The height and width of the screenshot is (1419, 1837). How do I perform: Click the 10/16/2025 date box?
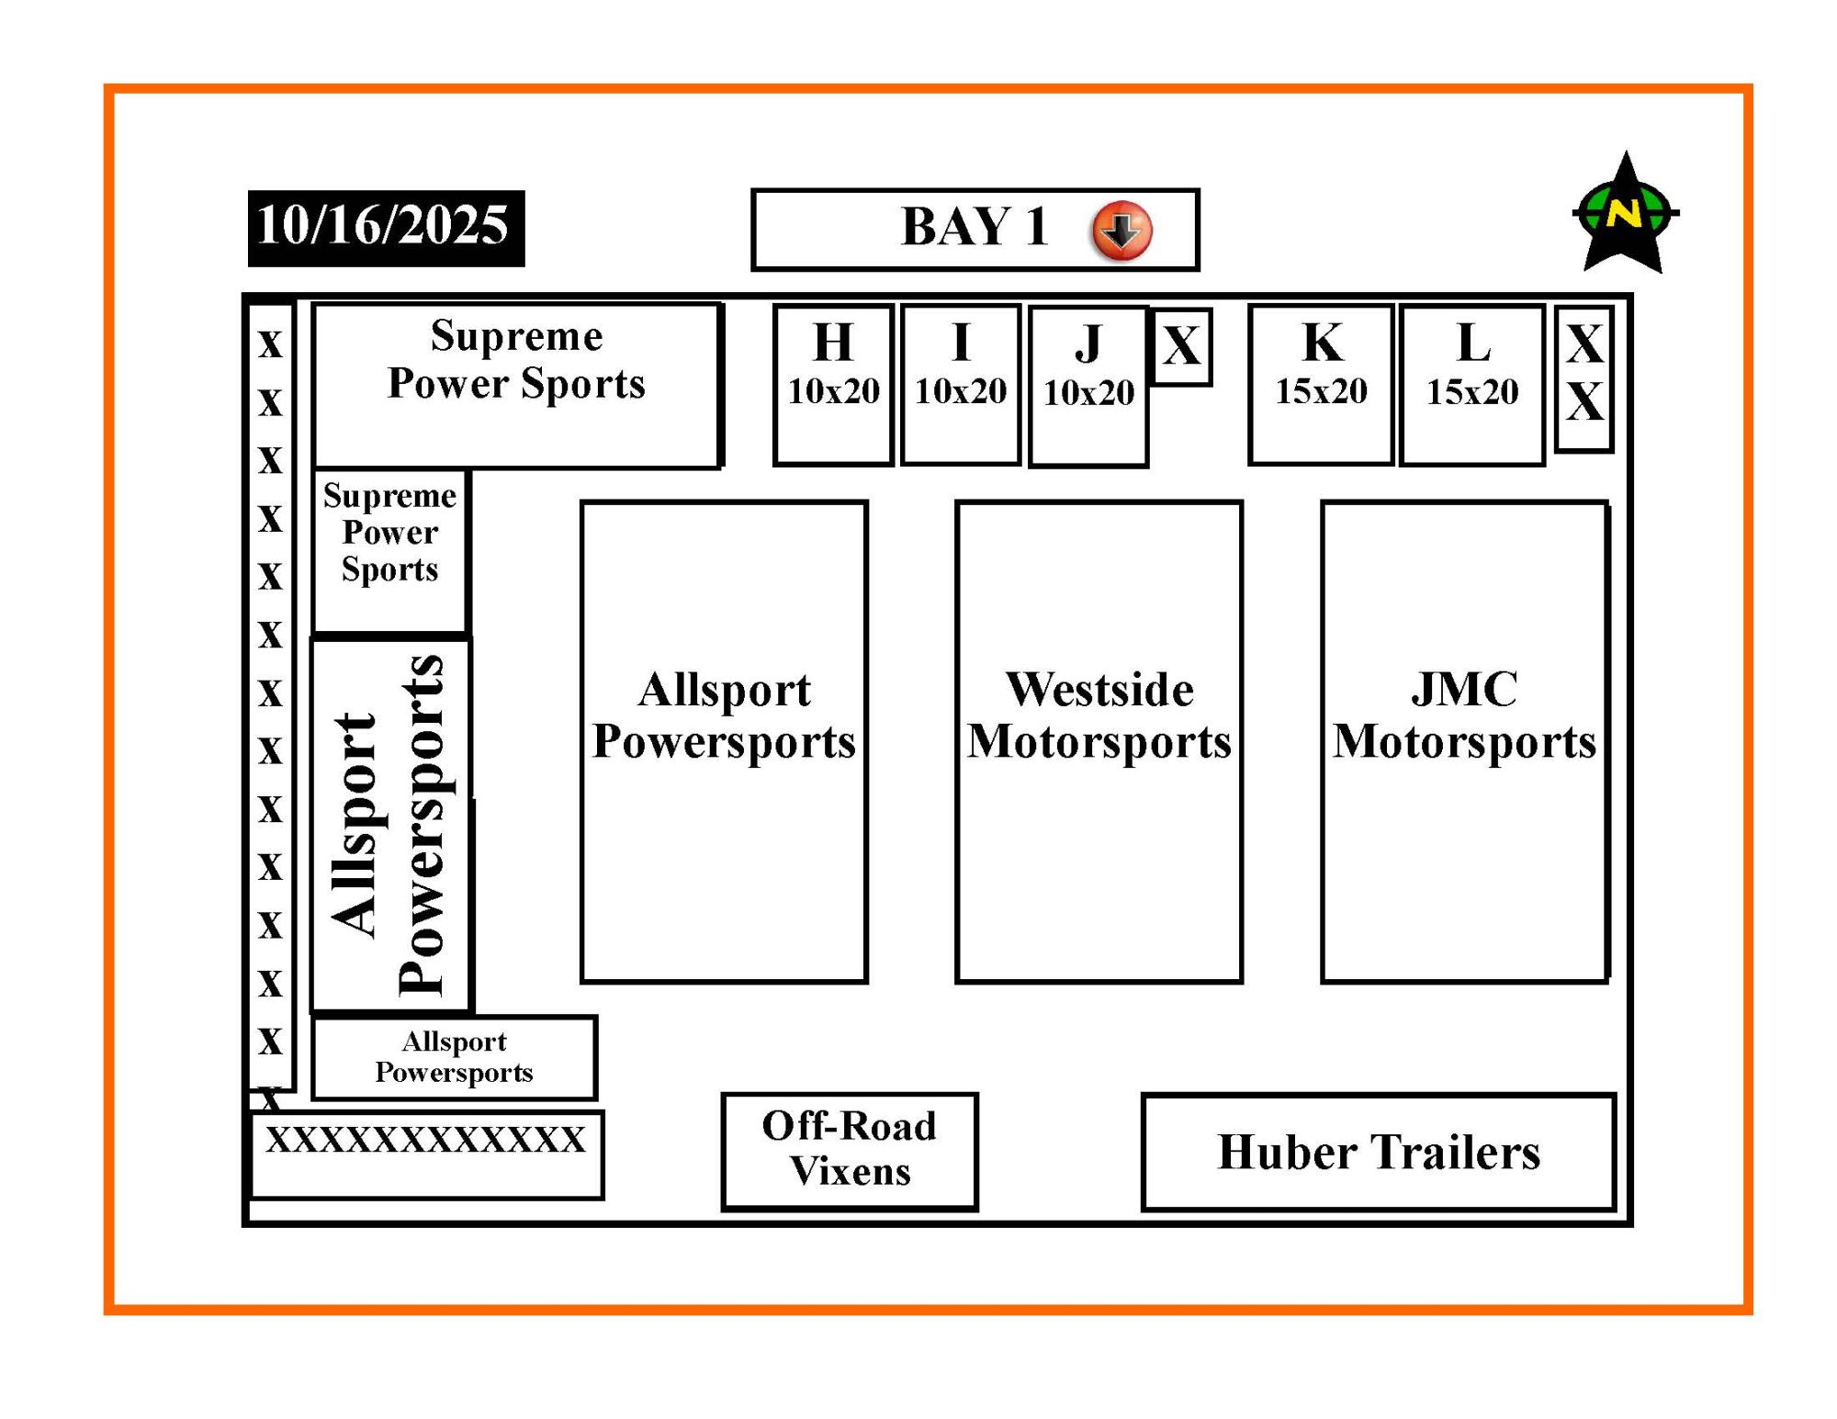(x=386, y=228)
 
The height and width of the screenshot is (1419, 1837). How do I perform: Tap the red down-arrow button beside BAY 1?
(x=1121, y=230)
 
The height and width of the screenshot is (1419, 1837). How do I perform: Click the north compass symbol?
(x=1625, y=214)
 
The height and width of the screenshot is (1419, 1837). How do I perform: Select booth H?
(x=833, y=384)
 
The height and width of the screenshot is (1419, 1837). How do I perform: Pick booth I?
(x=961, y=384)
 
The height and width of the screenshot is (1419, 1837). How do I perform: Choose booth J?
(x=1088, y=386)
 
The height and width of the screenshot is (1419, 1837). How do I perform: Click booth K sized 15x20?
(x=1321, y=384)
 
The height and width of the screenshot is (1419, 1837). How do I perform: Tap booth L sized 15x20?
(x=1472, y=385)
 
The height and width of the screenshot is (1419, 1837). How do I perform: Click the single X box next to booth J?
(x=1182, y=346)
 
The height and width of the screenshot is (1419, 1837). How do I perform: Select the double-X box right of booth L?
(x=1584, y=377)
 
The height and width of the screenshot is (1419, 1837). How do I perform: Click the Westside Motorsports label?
(x=1099, y=715)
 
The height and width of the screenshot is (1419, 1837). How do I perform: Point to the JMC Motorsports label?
(x=1464, y=715)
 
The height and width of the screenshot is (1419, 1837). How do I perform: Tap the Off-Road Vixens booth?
(x=850, y=1150)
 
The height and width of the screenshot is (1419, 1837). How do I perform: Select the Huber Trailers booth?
(x=1378, y=1152)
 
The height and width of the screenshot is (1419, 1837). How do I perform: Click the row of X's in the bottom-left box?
(x=426, y=1141)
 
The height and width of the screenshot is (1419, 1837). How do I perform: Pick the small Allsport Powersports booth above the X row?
(x=454, y=1057)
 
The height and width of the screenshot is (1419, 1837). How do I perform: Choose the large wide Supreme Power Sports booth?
(x=516, y=384)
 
